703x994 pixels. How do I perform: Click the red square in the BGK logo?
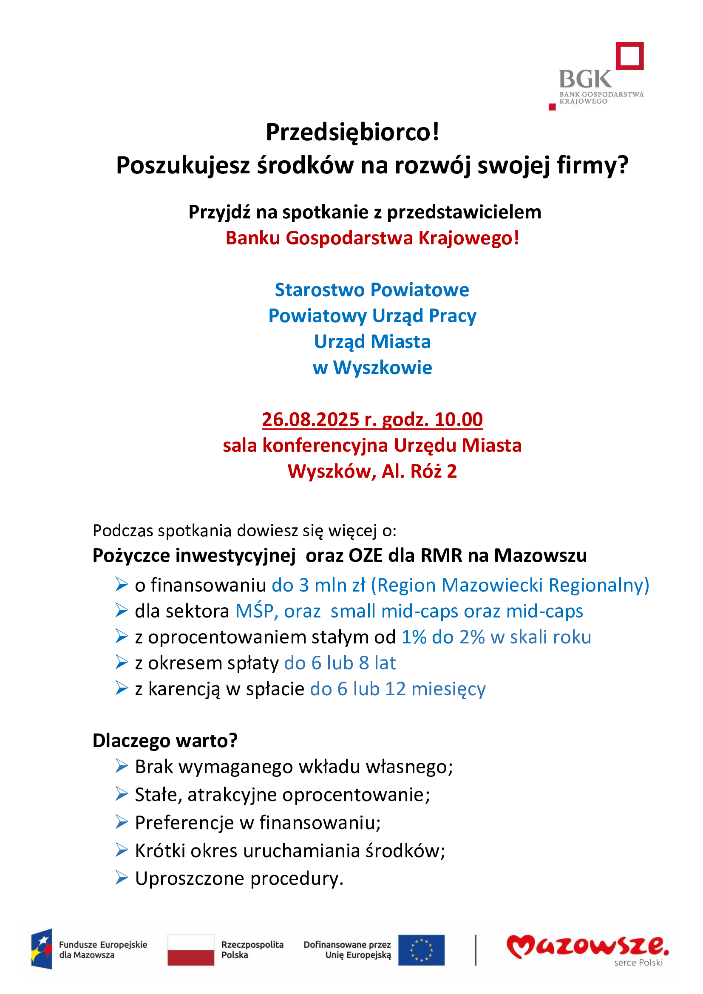click(630, 56)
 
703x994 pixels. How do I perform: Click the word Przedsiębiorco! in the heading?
click(352, 132)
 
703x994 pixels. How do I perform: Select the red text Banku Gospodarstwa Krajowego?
click(372, 238)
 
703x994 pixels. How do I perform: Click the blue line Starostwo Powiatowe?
click(372, 290)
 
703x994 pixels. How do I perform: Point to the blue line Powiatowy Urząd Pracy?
click(372, 316)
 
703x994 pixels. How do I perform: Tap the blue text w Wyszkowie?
click(372, 368)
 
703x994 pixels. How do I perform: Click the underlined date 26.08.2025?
click(310, 419)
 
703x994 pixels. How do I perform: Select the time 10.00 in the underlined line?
click(459, 419)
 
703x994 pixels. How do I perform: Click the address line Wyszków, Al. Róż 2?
click(372, 471)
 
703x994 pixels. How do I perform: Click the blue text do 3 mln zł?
click(319, 585)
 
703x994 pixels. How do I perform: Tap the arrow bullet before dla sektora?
click(122, 611)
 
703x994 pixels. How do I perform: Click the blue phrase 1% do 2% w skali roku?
click(496, 637)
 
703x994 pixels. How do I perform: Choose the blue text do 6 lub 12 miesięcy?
click(398, 689)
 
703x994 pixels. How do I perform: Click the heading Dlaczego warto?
click(165, 741)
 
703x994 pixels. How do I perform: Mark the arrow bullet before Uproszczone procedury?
click(122, 878)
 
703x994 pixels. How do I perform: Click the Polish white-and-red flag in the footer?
click(191, 950)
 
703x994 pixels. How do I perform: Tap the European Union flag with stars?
click(421, 950)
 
